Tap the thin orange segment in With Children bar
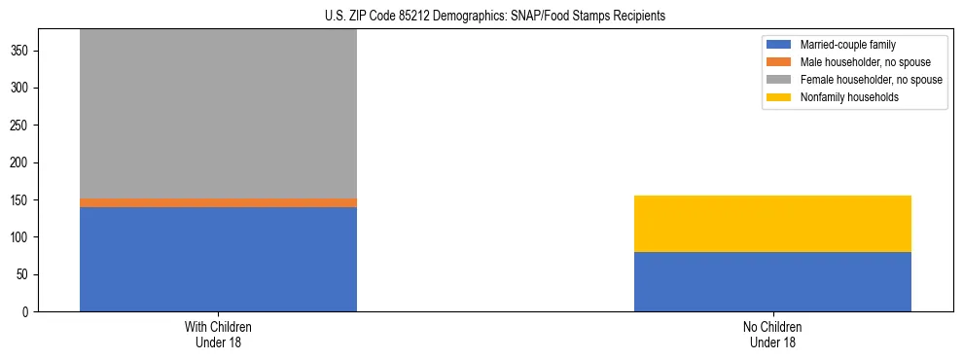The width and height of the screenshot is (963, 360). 218,202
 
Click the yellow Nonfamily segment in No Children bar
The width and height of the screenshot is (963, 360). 772,224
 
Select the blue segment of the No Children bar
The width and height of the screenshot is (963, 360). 772,281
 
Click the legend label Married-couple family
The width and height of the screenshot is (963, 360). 847,45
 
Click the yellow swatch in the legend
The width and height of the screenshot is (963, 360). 780,97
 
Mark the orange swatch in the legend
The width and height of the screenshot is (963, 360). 780,62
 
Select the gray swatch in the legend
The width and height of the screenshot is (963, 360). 780,80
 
